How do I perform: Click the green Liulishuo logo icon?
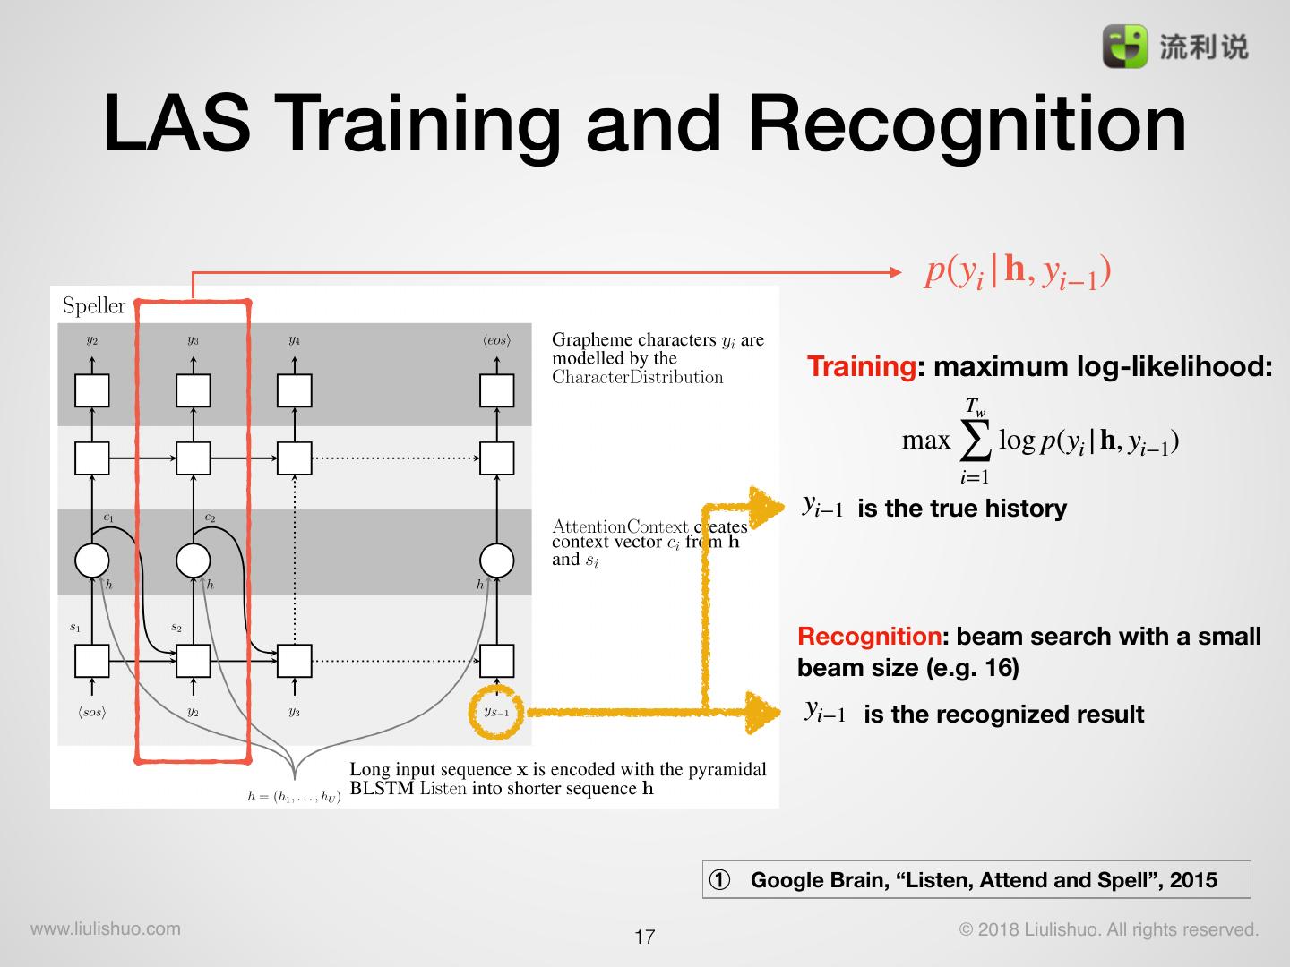tap(1124, 46)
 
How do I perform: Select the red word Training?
tap(860, 366)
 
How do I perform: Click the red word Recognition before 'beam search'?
tap(868, 637)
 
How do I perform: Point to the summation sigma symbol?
tap(975, 439)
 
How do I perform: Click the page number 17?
tap(644, 937)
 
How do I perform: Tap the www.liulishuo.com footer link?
tap(106, 928)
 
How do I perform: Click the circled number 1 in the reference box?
tap(719, 879)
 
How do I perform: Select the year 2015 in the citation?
tap(1192, 879)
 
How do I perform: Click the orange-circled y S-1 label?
tap(495, 712)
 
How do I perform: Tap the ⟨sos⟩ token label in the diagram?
tap(91, 712)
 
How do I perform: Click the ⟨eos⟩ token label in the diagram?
tap(496, 340)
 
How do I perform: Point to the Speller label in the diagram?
tap(94, 305)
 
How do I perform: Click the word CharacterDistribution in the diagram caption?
tap(637, 377)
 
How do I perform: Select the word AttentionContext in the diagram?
tap(619, 526)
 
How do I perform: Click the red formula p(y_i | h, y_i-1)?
tap(1018, 270)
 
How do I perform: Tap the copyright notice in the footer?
tap(1109, 929)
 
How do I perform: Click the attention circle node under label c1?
tap(91, 561)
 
